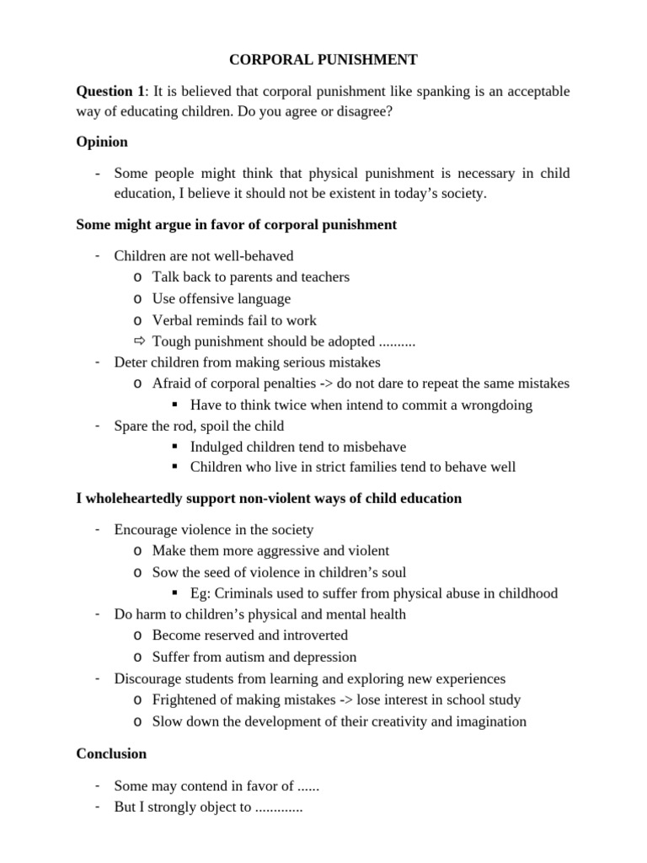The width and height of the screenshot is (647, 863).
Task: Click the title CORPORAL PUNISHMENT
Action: click(x=324, y=60)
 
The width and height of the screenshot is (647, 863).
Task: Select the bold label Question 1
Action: click(x=110, y=91)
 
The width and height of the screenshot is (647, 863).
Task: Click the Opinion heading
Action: click(x=102, y=142)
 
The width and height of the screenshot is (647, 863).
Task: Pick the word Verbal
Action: click(x=172, y=320)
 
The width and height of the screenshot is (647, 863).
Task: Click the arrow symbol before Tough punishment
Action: click(x=139, y=341)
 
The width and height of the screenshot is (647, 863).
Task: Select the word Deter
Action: click(x=131, y=362)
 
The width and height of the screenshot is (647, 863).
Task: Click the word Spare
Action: click(x=132, y=426)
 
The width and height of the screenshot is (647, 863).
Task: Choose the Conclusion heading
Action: click(x=111, y=753)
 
